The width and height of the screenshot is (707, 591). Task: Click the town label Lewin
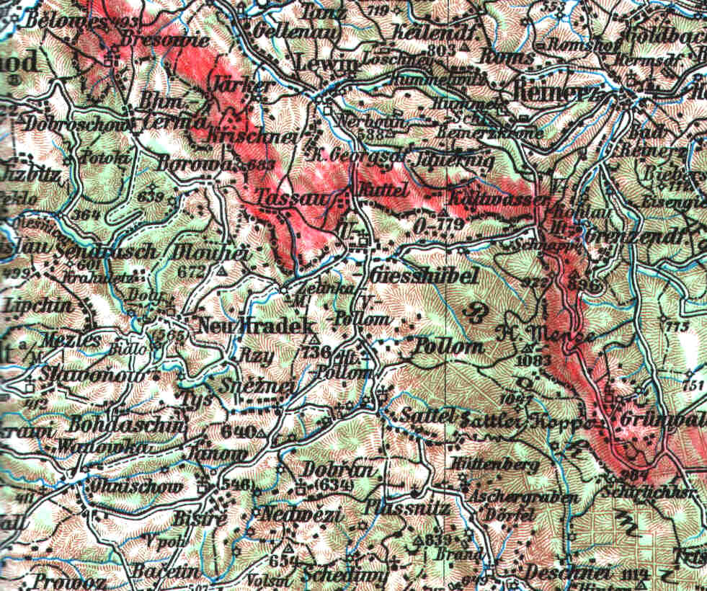tap(326, 64)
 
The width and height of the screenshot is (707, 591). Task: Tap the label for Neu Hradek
tap(235, 325)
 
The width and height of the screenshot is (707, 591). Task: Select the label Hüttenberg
tap(496, 466)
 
